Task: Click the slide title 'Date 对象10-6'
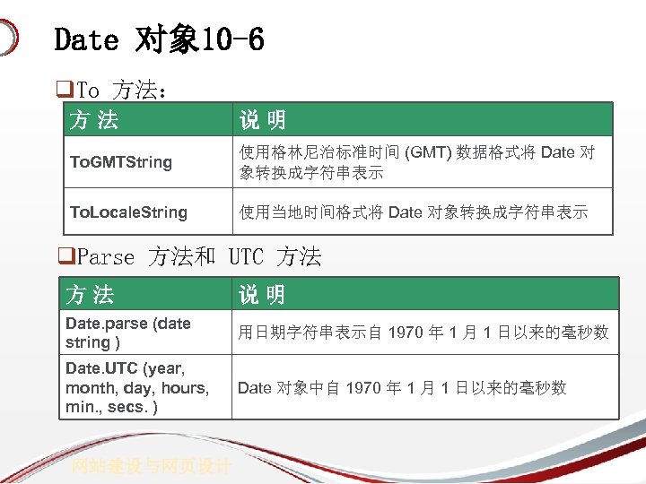(159, 39)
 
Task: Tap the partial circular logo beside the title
(8, 39)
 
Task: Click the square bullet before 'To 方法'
(63, 90)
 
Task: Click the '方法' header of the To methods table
(94, 119)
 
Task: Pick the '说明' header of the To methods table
(262, 119)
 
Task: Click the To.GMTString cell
(121, 162)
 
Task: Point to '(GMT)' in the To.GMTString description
(430, 152)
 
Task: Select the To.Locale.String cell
(128, 212)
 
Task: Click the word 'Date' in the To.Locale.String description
(404, 212)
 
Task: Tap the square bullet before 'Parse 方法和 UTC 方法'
(63, 257)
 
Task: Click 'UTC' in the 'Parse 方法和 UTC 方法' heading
(246, 257)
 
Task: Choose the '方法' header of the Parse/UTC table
(90, 294)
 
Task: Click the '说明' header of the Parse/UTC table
(261, 294)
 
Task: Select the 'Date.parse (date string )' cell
(127, 333)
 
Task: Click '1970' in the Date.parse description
(406, 333)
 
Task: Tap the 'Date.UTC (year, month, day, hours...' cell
(136, 387)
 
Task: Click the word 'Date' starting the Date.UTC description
(254, 387)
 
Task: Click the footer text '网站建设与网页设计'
(152, 466)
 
